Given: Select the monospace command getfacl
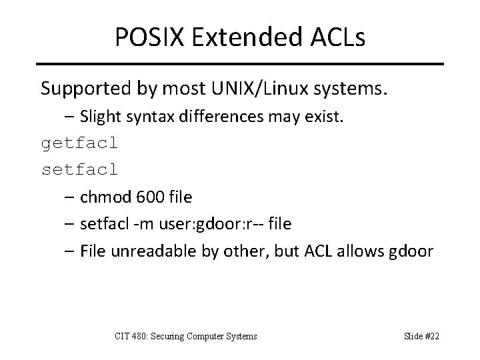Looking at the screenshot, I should coord(80,143).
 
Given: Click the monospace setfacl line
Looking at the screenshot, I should coord(80,170).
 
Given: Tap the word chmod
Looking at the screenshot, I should coord(101,197).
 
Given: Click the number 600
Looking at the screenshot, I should coord(147,197).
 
